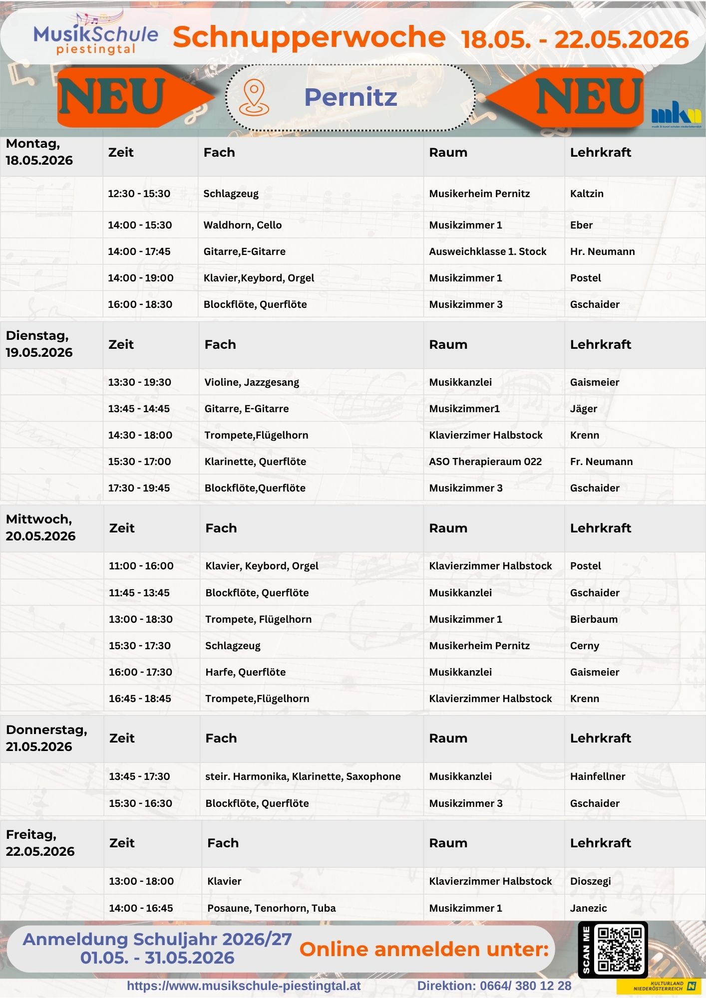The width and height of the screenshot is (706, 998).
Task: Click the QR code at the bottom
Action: point(619,949)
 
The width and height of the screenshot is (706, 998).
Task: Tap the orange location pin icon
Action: point(254,97)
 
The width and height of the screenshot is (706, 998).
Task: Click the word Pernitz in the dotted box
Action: point(351,97)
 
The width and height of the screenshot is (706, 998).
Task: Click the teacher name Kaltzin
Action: point(587,194)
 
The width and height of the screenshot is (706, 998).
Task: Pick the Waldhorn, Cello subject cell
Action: point(242,225)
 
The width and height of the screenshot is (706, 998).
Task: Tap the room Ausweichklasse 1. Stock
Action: point(487,251)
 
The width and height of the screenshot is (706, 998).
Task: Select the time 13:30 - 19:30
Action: point(139,382)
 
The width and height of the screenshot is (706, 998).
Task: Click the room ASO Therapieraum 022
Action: point(485,462)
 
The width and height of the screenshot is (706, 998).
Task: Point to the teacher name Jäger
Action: point(583,409)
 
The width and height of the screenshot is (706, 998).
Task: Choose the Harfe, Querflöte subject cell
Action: point(245,672)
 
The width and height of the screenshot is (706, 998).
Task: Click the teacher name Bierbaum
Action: point(594,619)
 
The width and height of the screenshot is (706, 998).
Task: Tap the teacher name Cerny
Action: point(584,646)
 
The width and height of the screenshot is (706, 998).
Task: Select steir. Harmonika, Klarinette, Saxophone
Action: point(303,776)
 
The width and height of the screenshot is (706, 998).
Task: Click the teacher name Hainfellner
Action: point(597,776)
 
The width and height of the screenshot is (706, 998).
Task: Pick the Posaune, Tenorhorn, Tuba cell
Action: point(271,908)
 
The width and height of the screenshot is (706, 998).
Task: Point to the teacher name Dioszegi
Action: point(590,881)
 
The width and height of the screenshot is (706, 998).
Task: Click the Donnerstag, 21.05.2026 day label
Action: point(46,738)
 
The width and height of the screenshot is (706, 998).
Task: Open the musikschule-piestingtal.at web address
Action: point(244,986)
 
